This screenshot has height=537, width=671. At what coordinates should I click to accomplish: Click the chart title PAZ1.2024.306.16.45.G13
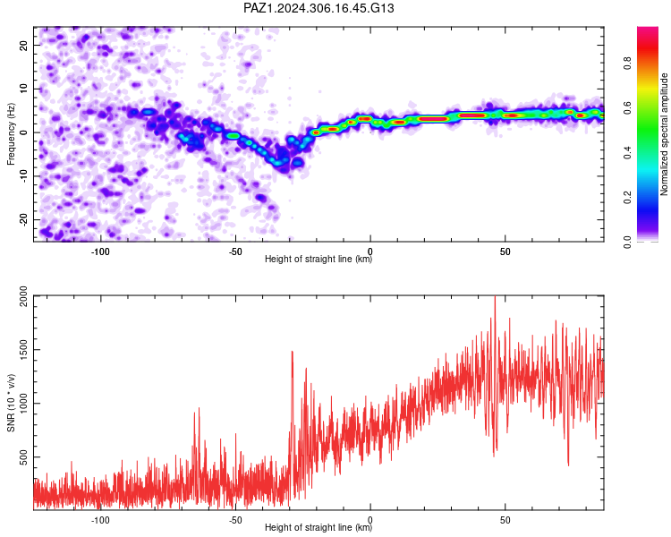coord(319,8)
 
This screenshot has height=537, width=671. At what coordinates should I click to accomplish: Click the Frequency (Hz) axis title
coord(11,134)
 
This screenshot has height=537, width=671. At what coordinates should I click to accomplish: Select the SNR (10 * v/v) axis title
coord(11,403)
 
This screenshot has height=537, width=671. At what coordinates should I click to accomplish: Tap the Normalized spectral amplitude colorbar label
coord(664,134)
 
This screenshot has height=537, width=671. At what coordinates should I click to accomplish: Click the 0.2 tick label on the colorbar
coord(628,198)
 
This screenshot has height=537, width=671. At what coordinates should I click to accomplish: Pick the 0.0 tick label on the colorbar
coord(628,242)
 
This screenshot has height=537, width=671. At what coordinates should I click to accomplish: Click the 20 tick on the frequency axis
coord(24,45)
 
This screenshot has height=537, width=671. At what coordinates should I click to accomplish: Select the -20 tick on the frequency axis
coord(24,219)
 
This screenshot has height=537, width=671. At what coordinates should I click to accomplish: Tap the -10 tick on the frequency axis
coord(24,176)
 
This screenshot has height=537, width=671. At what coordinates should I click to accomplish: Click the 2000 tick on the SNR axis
coord(24,296)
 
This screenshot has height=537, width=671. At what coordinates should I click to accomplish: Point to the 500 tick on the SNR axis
coord(24,457)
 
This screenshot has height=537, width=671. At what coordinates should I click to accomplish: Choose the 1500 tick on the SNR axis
coord(24,349)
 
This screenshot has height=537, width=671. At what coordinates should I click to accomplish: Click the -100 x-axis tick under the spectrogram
coord(100,251)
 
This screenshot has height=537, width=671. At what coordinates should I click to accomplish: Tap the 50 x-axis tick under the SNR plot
coord(505,520)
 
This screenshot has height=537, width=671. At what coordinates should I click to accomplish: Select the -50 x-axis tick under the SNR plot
coord(235,520)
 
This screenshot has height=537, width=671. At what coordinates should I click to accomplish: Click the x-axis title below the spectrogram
coord(319,259)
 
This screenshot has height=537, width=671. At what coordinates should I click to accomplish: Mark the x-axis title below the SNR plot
coord(319,527)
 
